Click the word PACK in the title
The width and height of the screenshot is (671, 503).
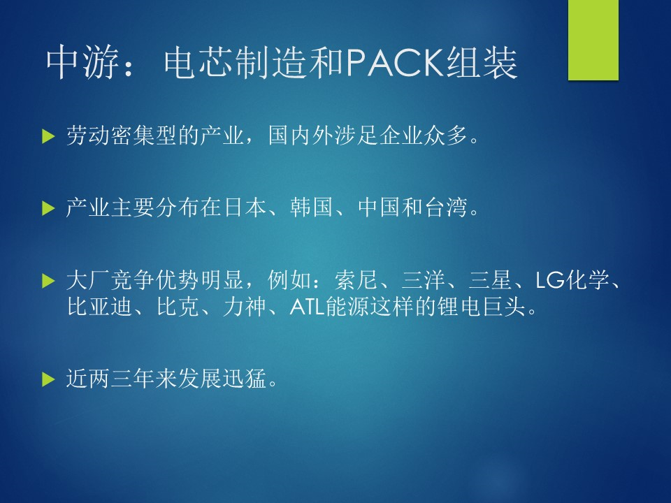tap(395, 64)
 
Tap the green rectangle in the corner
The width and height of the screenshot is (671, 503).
tap(593, 40)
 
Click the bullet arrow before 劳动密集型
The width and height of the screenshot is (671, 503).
tap(49, 136)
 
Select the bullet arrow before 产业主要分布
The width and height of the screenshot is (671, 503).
tap(49, 208)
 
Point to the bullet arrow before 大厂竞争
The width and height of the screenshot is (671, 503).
tap(49, 281)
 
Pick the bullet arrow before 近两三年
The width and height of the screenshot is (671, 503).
tap(49, 379)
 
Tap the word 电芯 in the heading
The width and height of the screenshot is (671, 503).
tap(199, 64)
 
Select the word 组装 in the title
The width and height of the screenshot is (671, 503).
tap(482, 64)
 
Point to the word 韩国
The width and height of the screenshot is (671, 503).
tap(312, 207)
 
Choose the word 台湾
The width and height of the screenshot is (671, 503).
tap(446, 207)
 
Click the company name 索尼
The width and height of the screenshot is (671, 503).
tap(356, 280)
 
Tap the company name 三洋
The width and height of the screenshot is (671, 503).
tap(423, 280)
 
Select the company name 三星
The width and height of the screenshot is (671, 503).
tap(490, 280)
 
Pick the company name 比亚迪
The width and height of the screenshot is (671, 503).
tap(99, 307)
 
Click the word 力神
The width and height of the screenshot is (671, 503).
tap(245, 307)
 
